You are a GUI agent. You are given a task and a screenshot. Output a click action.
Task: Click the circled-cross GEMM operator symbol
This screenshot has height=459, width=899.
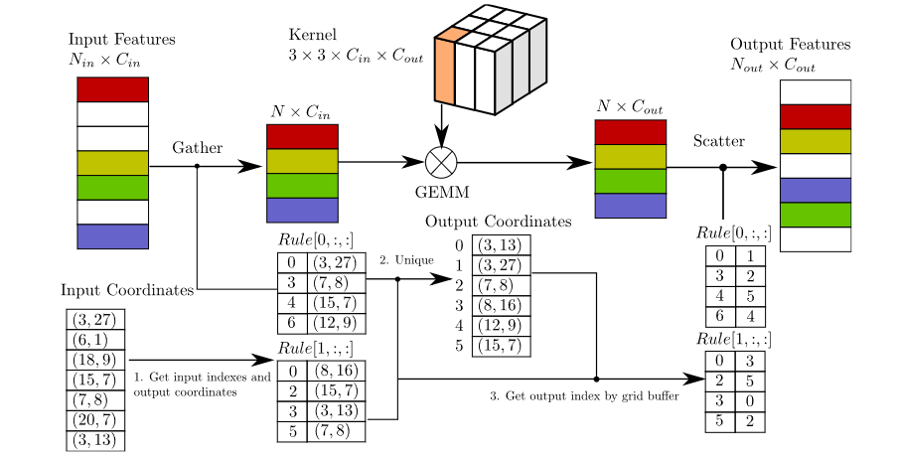pyautogui.click(x=441, y=161)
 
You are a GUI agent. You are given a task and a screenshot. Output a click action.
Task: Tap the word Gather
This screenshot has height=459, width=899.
pyautogui.click(x=198, y=148)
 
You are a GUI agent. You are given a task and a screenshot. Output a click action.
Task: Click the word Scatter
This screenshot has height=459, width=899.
pyautogui.click(x=719, y=141)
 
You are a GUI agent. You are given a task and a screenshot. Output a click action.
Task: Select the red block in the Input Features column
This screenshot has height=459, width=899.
pyautogui.click(x=112, y=89)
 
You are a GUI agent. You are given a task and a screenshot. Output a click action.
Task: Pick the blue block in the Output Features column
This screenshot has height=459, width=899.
pyautogui.click(x=815, y=190)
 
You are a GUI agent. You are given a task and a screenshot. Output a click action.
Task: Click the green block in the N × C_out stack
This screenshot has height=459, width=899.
pyautogui.click(x=629, y=181)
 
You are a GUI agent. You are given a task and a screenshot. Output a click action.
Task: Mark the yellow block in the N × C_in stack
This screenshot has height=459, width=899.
pyautogui.click(x=302, y=161)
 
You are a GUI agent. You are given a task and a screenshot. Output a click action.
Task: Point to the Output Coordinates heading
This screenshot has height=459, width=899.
pyautogui.click(x=499, y=222)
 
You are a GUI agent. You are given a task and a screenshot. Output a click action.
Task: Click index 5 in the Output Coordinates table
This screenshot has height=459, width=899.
pyautogui.click(x=458, y=346)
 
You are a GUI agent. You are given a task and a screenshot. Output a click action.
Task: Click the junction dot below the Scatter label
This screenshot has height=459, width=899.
pyautogui.click(x=723, y=167)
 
